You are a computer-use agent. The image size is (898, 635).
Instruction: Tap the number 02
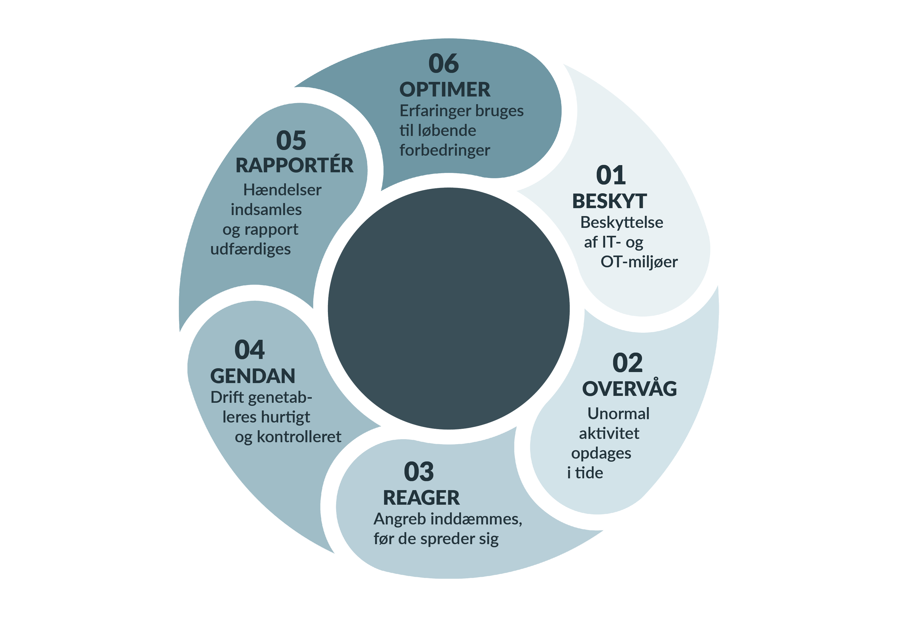(628, 363)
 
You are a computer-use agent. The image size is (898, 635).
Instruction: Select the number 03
(418, 472)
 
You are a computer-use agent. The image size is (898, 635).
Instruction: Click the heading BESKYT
(609, 202)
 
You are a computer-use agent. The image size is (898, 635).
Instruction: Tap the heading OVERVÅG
(629, 389)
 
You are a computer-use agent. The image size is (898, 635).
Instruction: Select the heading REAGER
(421, 498)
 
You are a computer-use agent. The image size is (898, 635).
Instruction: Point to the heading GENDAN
(253, 376)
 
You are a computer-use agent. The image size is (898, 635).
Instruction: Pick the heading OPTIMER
(445, 89)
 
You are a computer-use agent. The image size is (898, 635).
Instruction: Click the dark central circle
(449, 308)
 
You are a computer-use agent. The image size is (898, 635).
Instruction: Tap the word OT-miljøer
(639, 262)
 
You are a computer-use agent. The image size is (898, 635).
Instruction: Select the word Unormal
(618, 414)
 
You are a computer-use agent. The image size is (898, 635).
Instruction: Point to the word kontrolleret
(299, 437)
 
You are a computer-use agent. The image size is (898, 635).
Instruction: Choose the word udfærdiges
(251, 250)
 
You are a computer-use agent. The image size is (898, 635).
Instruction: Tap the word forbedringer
(445, 151)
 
